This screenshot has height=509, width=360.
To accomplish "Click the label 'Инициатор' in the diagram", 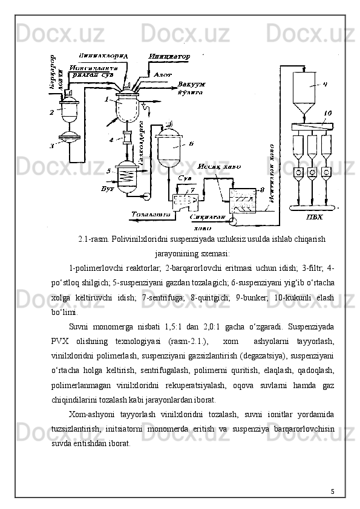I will (x=169, y=56).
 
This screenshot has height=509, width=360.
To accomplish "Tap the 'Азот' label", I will (x=163, y=74).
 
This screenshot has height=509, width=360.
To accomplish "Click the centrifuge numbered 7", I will (x=185, y=200).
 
